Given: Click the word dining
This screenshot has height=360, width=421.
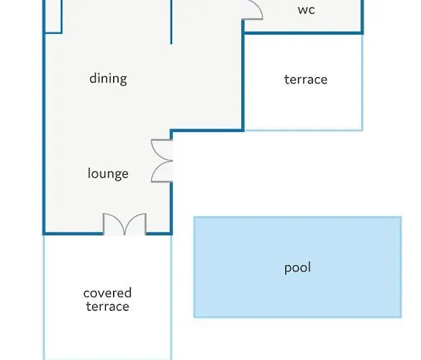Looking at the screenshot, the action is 108,79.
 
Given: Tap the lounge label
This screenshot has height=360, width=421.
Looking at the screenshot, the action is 108,174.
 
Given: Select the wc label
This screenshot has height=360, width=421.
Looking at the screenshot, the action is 307,10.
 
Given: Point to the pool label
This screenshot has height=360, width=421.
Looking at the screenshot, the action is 297,268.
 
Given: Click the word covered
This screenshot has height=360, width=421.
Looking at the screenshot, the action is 107,293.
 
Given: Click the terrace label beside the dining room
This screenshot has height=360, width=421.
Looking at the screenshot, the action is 306,79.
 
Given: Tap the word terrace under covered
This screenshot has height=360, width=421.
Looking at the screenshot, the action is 107,307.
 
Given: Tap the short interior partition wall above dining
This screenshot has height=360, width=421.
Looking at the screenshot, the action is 171,22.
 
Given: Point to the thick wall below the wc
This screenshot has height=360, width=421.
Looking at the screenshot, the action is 303,33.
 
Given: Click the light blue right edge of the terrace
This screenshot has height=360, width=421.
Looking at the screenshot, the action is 363,82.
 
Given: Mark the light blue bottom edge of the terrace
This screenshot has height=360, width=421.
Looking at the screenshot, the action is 304,130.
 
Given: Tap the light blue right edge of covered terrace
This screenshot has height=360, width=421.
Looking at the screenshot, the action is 171,297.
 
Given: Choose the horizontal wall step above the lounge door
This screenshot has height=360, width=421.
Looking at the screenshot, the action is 207,130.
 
